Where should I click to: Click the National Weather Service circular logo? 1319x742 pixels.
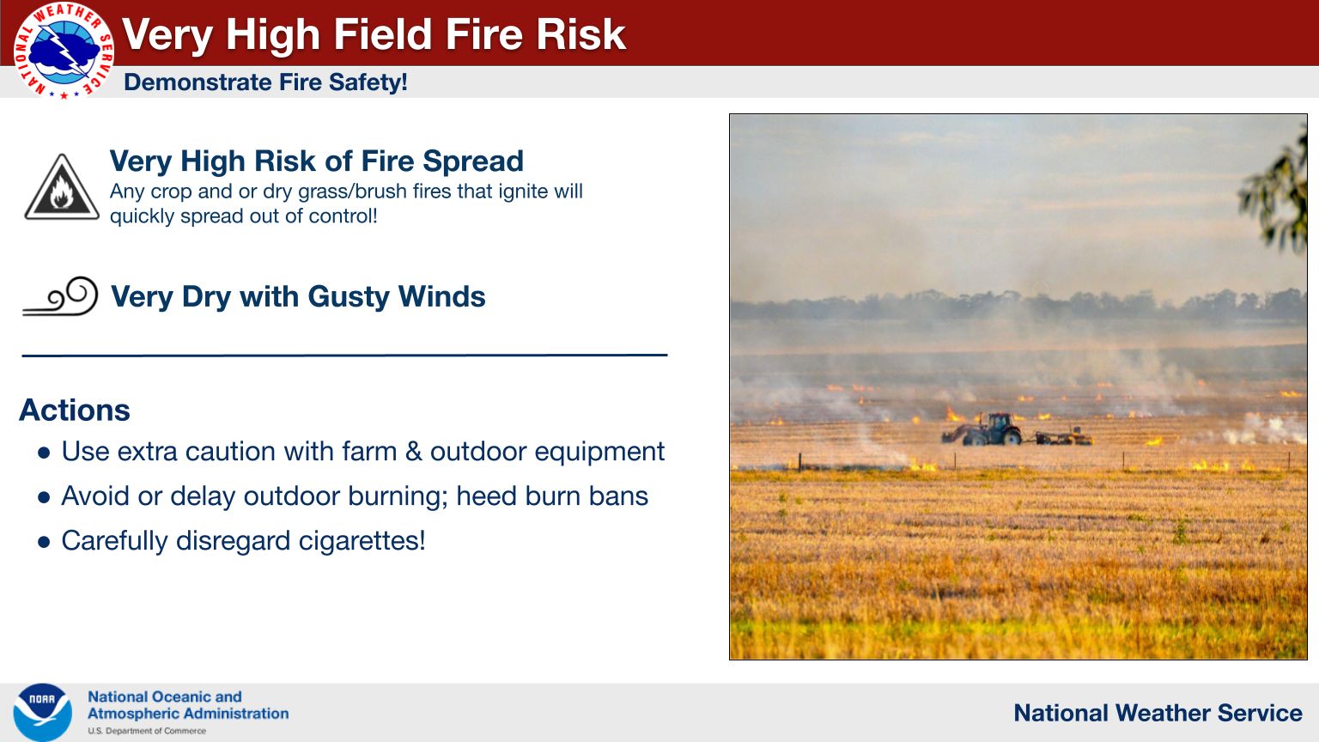click(64, 50)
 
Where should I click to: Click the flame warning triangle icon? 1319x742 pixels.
click(62, 187)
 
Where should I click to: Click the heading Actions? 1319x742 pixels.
click(74, 410)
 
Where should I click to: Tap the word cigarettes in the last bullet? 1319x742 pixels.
click(359, 540)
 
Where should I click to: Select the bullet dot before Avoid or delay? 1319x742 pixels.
click(44, 497)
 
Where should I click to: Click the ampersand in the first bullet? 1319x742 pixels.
click(414, 452)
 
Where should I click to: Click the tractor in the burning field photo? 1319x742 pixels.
click(990, 430)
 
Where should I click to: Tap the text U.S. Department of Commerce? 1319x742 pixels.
click(147, 731)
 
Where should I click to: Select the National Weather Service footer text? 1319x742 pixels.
click(1158, 713)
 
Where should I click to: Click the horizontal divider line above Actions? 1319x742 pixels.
click(344, 355)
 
